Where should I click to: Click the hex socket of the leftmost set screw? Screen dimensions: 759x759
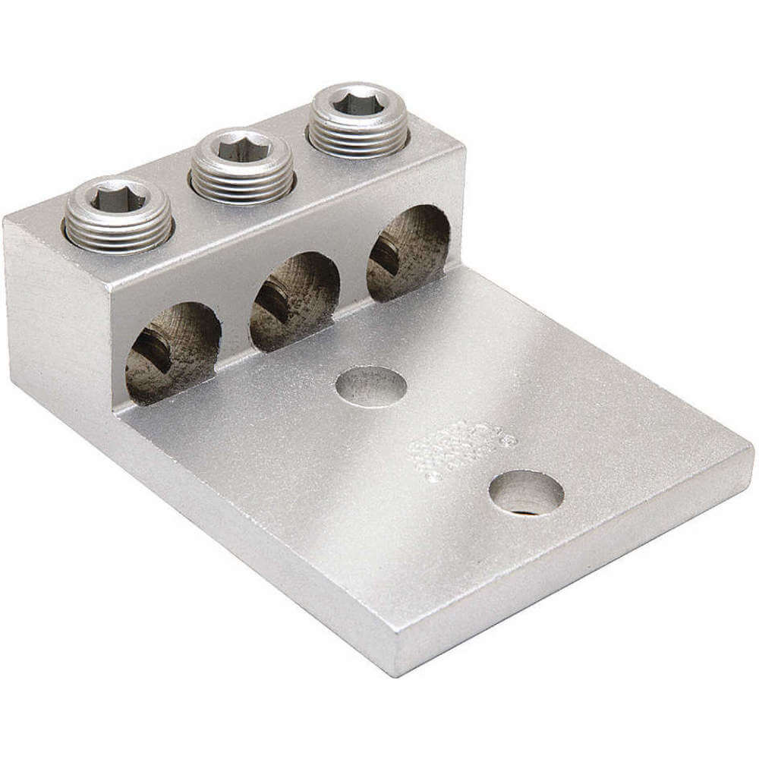[x=115, y=200]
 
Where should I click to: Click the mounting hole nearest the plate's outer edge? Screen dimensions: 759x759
[x=526, y=493]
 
